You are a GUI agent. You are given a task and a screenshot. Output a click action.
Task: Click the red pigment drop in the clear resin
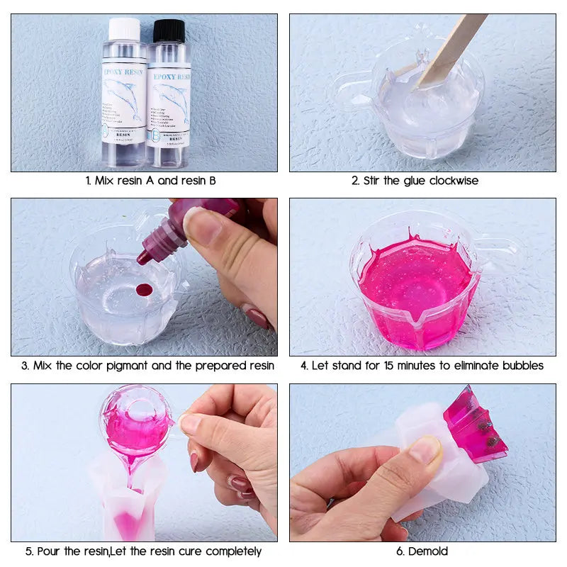click(x=145, y=290)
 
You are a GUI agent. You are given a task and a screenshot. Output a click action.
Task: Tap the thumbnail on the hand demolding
click(x=426, y=450)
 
